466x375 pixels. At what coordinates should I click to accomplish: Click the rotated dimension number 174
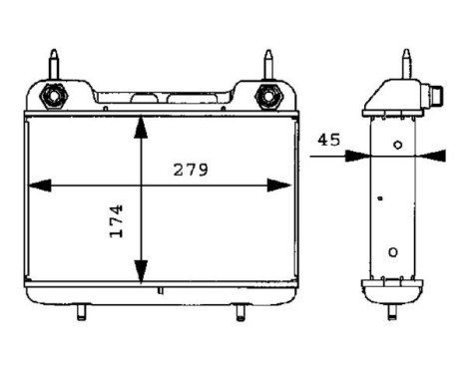(x=116, y=220)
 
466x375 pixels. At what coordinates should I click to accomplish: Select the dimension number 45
(x=330, y=140)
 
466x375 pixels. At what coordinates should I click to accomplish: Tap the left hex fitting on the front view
(x=52, y=96)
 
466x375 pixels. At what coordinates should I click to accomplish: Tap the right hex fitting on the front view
(x=266, y=96)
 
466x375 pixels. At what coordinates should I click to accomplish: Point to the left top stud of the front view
(x=52, y=64)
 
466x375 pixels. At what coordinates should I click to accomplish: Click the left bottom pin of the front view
(x=80, y=312)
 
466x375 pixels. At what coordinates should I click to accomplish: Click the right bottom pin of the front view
(x=239, y=312)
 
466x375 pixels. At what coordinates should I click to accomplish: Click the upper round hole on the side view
(x=397, y=146)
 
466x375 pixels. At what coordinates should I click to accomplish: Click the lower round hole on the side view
(x=393, y=251)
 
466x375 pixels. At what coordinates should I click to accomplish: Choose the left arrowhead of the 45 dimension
(x=359, y=155)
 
